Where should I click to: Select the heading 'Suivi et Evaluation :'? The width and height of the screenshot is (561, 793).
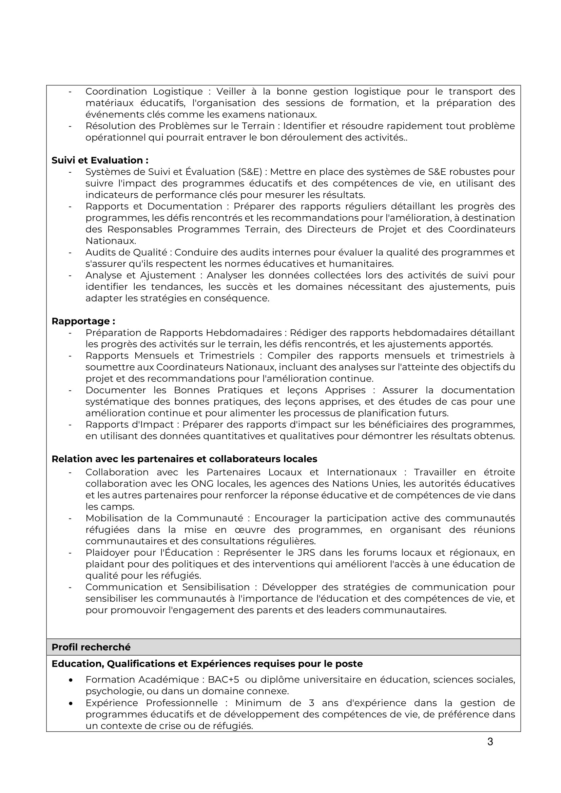click(x=100, y=160)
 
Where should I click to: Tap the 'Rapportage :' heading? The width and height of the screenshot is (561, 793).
click(x=83, y=321)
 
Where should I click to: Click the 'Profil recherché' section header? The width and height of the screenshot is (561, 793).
click(x=91, y=647)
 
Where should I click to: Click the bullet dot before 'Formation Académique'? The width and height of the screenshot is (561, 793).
click(x=71, y=680)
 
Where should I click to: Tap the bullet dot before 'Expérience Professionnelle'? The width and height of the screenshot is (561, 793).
click(x=71, y=703)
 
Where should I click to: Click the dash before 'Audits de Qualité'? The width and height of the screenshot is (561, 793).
click(x=70, y=252)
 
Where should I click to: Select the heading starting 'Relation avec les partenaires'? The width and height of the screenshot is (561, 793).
click(x=184, y=459)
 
